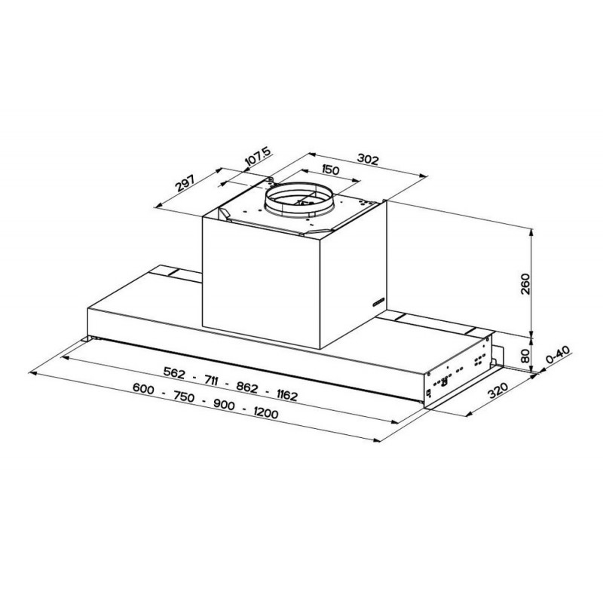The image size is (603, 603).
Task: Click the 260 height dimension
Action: [527, 283]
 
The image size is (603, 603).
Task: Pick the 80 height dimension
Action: [527, 353]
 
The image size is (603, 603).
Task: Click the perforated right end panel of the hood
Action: [457, 374]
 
